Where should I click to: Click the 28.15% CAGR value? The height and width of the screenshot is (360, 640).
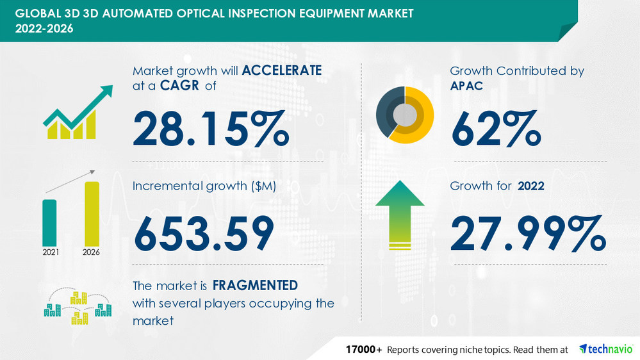[x=210, y=128]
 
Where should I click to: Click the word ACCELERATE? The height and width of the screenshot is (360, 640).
[x=282, y=71]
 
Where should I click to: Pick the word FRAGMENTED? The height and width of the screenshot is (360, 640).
[x=255, y=284]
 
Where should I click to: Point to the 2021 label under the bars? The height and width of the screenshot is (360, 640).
[x=50, y=252]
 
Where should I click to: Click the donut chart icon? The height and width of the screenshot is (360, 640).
[x=405, y=114]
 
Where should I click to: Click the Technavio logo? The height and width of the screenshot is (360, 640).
[x=606, y=349]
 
